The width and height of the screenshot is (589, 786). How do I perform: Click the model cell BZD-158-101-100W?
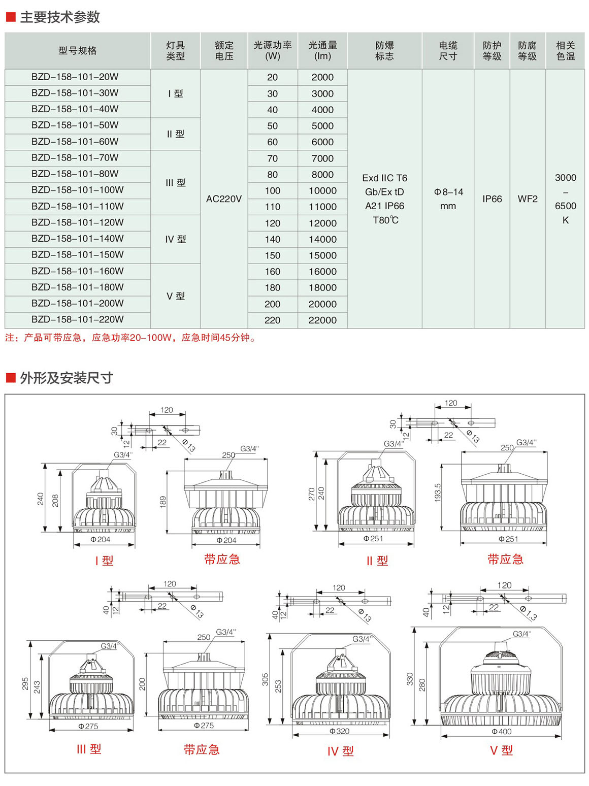coord(77,190)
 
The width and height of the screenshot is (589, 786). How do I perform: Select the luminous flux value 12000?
coord(322,223)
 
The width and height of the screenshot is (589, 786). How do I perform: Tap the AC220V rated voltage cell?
coord(224,199)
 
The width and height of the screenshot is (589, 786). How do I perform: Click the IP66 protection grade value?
coord(492,199)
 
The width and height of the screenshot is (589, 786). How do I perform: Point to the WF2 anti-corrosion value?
coord(528,199)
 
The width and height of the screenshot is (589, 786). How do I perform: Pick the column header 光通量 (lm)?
coord(322,51)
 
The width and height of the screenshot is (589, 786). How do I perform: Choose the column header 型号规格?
coord(77,51)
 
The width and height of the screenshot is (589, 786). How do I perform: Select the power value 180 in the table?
coord(272,287)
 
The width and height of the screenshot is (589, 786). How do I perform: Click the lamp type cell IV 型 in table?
coord(176,239)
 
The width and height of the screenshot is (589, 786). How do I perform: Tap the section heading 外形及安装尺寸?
coord(66,378)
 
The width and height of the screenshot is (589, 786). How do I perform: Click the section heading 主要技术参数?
coord(60,17)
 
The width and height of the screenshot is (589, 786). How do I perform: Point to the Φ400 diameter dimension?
coord(501,732)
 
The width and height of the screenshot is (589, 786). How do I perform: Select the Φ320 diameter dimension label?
coord(339,731)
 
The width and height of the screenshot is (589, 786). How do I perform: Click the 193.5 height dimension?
coord(438,493)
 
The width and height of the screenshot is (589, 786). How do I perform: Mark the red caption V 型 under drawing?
coord(501,750)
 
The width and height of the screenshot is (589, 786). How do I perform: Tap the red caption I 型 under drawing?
coord(104,561)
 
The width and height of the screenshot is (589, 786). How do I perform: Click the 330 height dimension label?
coord(410,679)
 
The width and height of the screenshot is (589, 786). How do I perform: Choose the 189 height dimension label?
coord(163,502)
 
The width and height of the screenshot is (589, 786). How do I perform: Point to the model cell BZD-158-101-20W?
coord(75,77)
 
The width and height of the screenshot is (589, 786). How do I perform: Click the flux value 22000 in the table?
coord(322,320)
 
